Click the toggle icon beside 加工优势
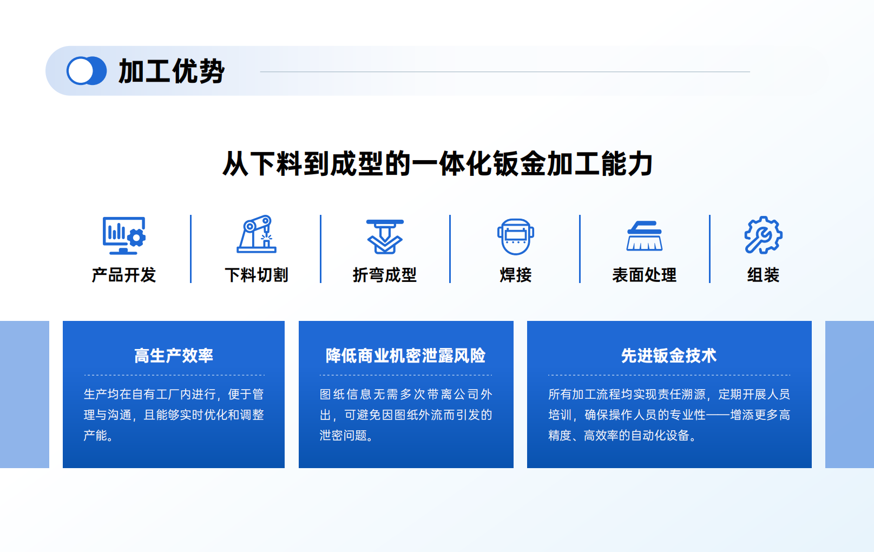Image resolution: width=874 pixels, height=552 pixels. pos(86,70)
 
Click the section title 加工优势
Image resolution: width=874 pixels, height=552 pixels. pos(172,71)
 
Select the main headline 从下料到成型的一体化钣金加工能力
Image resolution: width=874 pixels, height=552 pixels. pos(437,164)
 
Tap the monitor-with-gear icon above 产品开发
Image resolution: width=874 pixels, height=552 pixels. pos(124,235)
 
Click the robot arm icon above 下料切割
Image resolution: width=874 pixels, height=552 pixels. pos(257,234)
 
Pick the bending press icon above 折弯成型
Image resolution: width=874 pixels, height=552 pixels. pos(385,236)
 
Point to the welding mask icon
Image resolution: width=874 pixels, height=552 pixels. pos(515,236)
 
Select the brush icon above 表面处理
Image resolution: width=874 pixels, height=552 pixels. pos(644,235)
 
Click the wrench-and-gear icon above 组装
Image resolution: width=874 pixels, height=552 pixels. pos(763,235)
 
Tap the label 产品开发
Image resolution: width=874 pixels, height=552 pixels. pos(124,275)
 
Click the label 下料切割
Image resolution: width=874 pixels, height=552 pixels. pos(257,275)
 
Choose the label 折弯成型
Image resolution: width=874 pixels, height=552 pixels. pos(385,275)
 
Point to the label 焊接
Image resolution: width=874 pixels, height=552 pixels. pos(515,275)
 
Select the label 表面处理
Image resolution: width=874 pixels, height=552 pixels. pos(644,275)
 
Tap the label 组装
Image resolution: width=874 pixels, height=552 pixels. pos(763,275)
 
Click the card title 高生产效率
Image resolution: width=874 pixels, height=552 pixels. pos(174,356)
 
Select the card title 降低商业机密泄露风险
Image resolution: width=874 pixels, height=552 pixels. pos(406,356)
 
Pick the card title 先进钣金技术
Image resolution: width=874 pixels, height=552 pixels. pos(669,356)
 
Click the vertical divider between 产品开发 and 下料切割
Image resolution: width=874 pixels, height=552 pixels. pos(191,249)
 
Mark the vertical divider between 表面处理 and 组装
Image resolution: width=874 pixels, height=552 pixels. pos(709,249)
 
